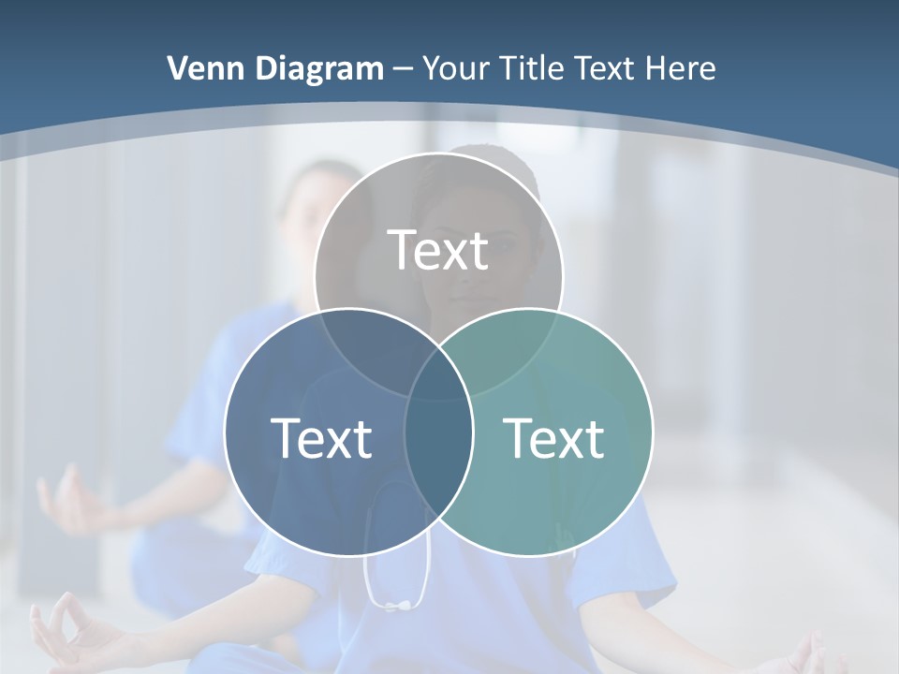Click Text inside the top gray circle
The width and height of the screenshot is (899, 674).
(x=438, y=251)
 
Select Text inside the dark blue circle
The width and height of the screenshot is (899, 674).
(x=321, y=438)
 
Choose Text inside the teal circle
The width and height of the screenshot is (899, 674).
(x=554, y=438)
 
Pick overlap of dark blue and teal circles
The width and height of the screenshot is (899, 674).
(x=438, y=440)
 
